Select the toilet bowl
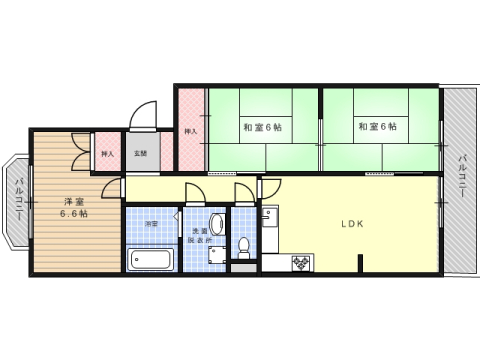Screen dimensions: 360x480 pyautogui.click(x=244, y=247)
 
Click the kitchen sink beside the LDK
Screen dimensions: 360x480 pyautogui.click(x=267, y=216)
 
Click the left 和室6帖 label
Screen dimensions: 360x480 pyautogui.click(x=262, y=127)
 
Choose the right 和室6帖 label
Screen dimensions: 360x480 pyautogui.click(x=376, y=127)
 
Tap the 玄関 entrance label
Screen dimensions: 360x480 pyautogui.click(x=142, y=154)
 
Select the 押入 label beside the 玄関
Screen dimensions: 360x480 pyautogui.click(x=107, y=154)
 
